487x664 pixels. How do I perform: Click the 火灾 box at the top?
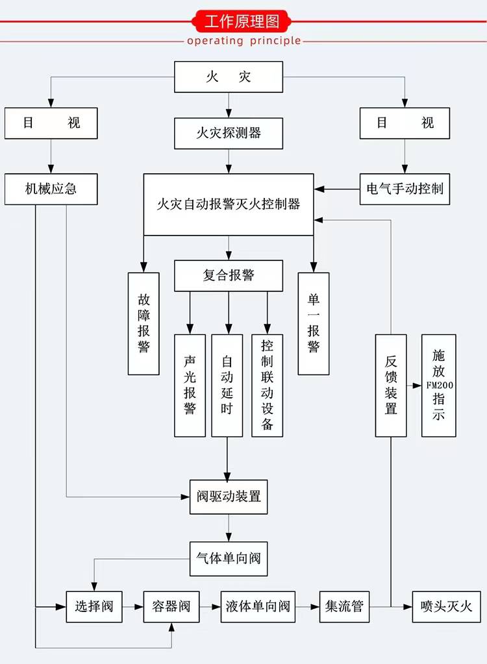[228, 77]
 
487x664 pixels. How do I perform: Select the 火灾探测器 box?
[228, 133]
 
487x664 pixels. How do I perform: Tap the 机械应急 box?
[51, 189]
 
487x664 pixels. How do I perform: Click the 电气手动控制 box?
[405, 189]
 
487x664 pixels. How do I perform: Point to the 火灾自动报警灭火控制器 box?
[228, 204]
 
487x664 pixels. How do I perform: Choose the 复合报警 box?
[228, 275]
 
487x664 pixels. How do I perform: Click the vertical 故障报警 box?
[144, 323]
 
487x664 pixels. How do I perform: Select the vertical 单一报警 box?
[314, 323]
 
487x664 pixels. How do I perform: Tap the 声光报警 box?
[190, 386]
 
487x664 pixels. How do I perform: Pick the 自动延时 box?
[227, 386]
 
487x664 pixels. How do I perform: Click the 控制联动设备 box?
[268, 386]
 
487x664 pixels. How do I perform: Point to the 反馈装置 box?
[391, 386]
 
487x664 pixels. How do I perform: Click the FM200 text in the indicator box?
[440, 385]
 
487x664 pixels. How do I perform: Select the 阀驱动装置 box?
[228, 497]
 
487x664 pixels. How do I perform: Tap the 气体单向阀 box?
[228, 558]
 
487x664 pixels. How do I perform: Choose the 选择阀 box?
[94, 607]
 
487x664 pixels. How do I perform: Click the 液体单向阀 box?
[258, 607]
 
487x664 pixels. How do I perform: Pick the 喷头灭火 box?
[446, 607]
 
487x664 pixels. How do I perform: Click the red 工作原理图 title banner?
[242, 21]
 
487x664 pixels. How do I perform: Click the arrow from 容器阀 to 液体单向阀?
[210, 607]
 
